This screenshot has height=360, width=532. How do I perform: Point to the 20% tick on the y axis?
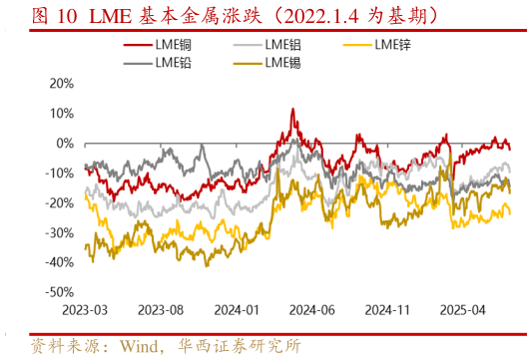point(60,84)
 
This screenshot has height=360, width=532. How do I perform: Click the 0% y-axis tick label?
point(64,144)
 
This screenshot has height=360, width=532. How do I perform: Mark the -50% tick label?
point(58,292)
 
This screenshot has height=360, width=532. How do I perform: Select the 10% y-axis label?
point(60,114)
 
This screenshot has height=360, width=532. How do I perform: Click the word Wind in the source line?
point(141,347)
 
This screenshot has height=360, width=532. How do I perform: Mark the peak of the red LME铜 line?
point(292,109)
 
